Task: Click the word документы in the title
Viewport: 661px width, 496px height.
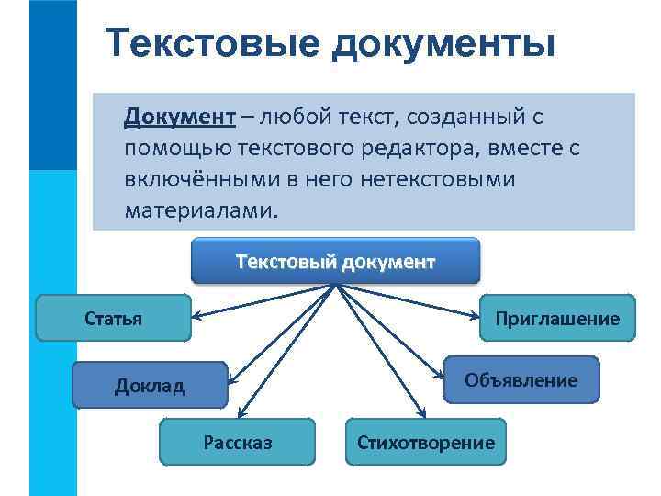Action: pos(438,44)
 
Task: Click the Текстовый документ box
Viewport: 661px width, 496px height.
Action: pos(335,261)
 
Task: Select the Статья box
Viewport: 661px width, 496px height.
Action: pos(113,319)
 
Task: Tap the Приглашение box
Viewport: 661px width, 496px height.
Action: pos(557,319)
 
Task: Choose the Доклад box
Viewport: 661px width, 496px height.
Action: pos(149,385)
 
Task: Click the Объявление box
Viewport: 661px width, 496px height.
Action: pos(521,379)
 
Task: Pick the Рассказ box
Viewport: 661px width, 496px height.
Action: pos(237,443)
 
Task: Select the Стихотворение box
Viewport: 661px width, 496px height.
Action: pos(425,443)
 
